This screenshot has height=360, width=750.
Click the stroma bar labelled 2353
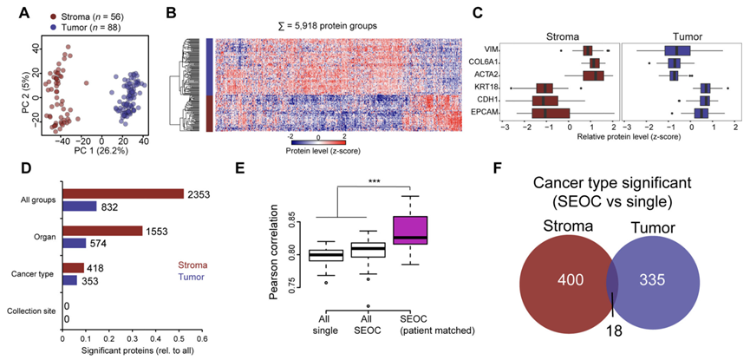pos(122,193)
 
